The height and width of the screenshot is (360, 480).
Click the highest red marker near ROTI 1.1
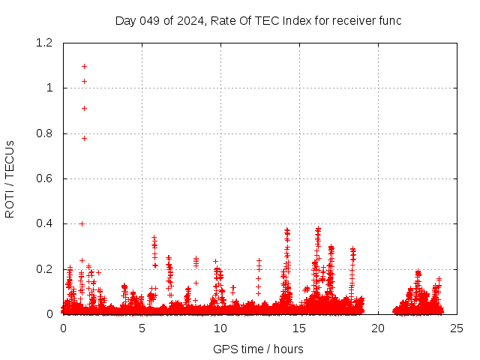click(84, 66)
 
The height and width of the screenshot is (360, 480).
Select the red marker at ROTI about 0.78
click(84, 138)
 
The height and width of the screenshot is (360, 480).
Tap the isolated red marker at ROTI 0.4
click(82, 223)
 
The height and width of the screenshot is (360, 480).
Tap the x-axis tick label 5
click(142, 328)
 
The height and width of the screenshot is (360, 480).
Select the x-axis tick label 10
click(220, 328)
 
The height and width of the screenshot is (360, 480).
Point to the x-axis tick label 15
click(299, 328)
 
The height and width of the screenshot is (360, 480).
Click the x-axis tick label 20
click(378, 328)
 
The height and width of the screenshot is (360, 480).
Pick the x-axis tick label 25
click(457, 328)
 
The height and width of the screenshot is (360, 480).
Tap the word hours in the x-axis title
click(288, 349)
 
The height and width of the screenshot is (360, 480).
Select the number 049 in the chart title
click(151, 20)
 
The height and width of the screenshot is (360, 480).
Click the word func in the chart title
click(390, 20)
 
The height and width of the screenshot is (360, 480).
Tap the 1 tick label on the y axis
click(49, 88)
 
